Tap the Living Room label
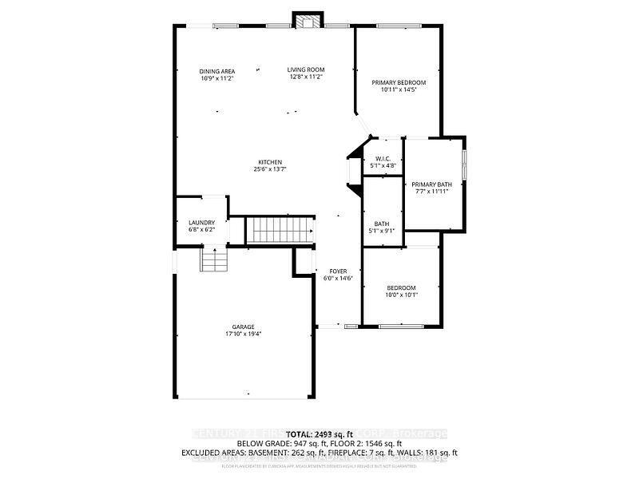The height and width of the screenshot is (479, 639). click(x=306, y=69)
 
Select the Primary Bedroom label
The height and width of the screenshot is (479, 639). click(x=399, y=82)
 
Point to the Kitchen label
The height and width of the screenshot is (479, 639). click(x=269, y=162)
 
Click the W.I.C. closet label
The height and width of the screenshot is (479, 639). click(x=382, y=158)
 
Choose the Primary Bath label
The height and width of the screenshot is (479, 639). click(x=431, y=184)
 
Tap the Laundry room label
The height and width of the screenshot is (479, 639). click(x=201, y=223)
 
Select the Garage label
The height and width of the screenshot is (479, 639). click(x=244, y=327)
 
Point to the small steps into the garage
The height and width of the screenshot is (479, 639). click(x=213, y=260)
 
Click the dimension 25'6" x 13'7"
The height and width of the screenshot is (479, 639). click(x=269, y=169)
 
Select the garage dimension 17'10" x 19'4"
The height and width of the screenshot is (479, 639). click(x=244, y=334)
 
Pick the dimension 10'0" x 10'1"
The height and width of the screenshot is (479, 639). click(x=403, y=295)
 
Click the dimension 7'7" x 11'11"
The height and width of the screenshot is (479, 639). click(x=431, y=192)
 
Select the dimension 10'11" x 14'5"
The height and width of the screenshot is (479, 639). click(x=399, y=89)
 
